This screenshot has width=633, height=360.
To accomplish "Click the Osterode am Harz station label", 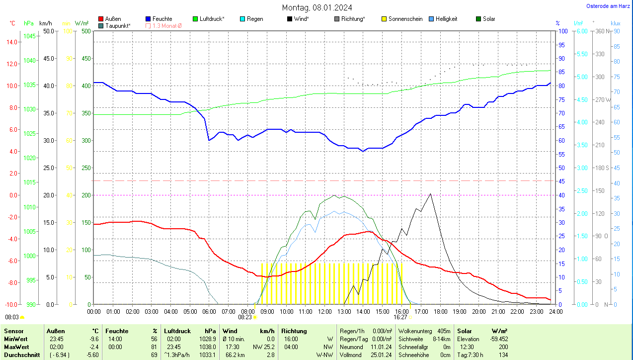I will (609, 6).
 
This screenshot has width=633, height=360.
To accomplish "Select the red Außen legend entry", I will (113, 19).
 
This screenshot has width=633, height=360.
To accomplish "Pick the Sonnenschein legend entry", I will (405, 19).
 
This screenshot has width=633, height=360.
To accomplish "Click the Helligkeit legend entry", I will (446, 19).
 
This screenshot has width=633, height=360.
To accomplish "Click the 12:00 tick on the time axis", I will (324, 311).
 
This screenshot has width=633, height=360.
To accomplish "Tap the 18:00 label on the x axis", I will (440, 311).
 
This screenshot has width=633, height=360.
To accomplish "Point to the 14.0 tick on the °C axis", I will (13, 42).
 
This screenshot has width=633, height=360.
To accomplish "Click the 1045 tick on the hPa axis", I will (29, 36).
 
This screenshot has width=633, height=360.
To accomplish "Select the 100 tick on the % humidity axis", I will (562, 31).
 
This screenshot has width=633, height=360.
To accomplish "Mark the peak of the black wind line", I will (430, 194).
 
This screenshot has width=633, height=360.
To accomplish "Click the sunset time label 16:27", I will (400, 317).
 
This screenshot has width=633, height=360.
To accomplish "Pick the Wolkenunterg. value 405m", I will (444, 331).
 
